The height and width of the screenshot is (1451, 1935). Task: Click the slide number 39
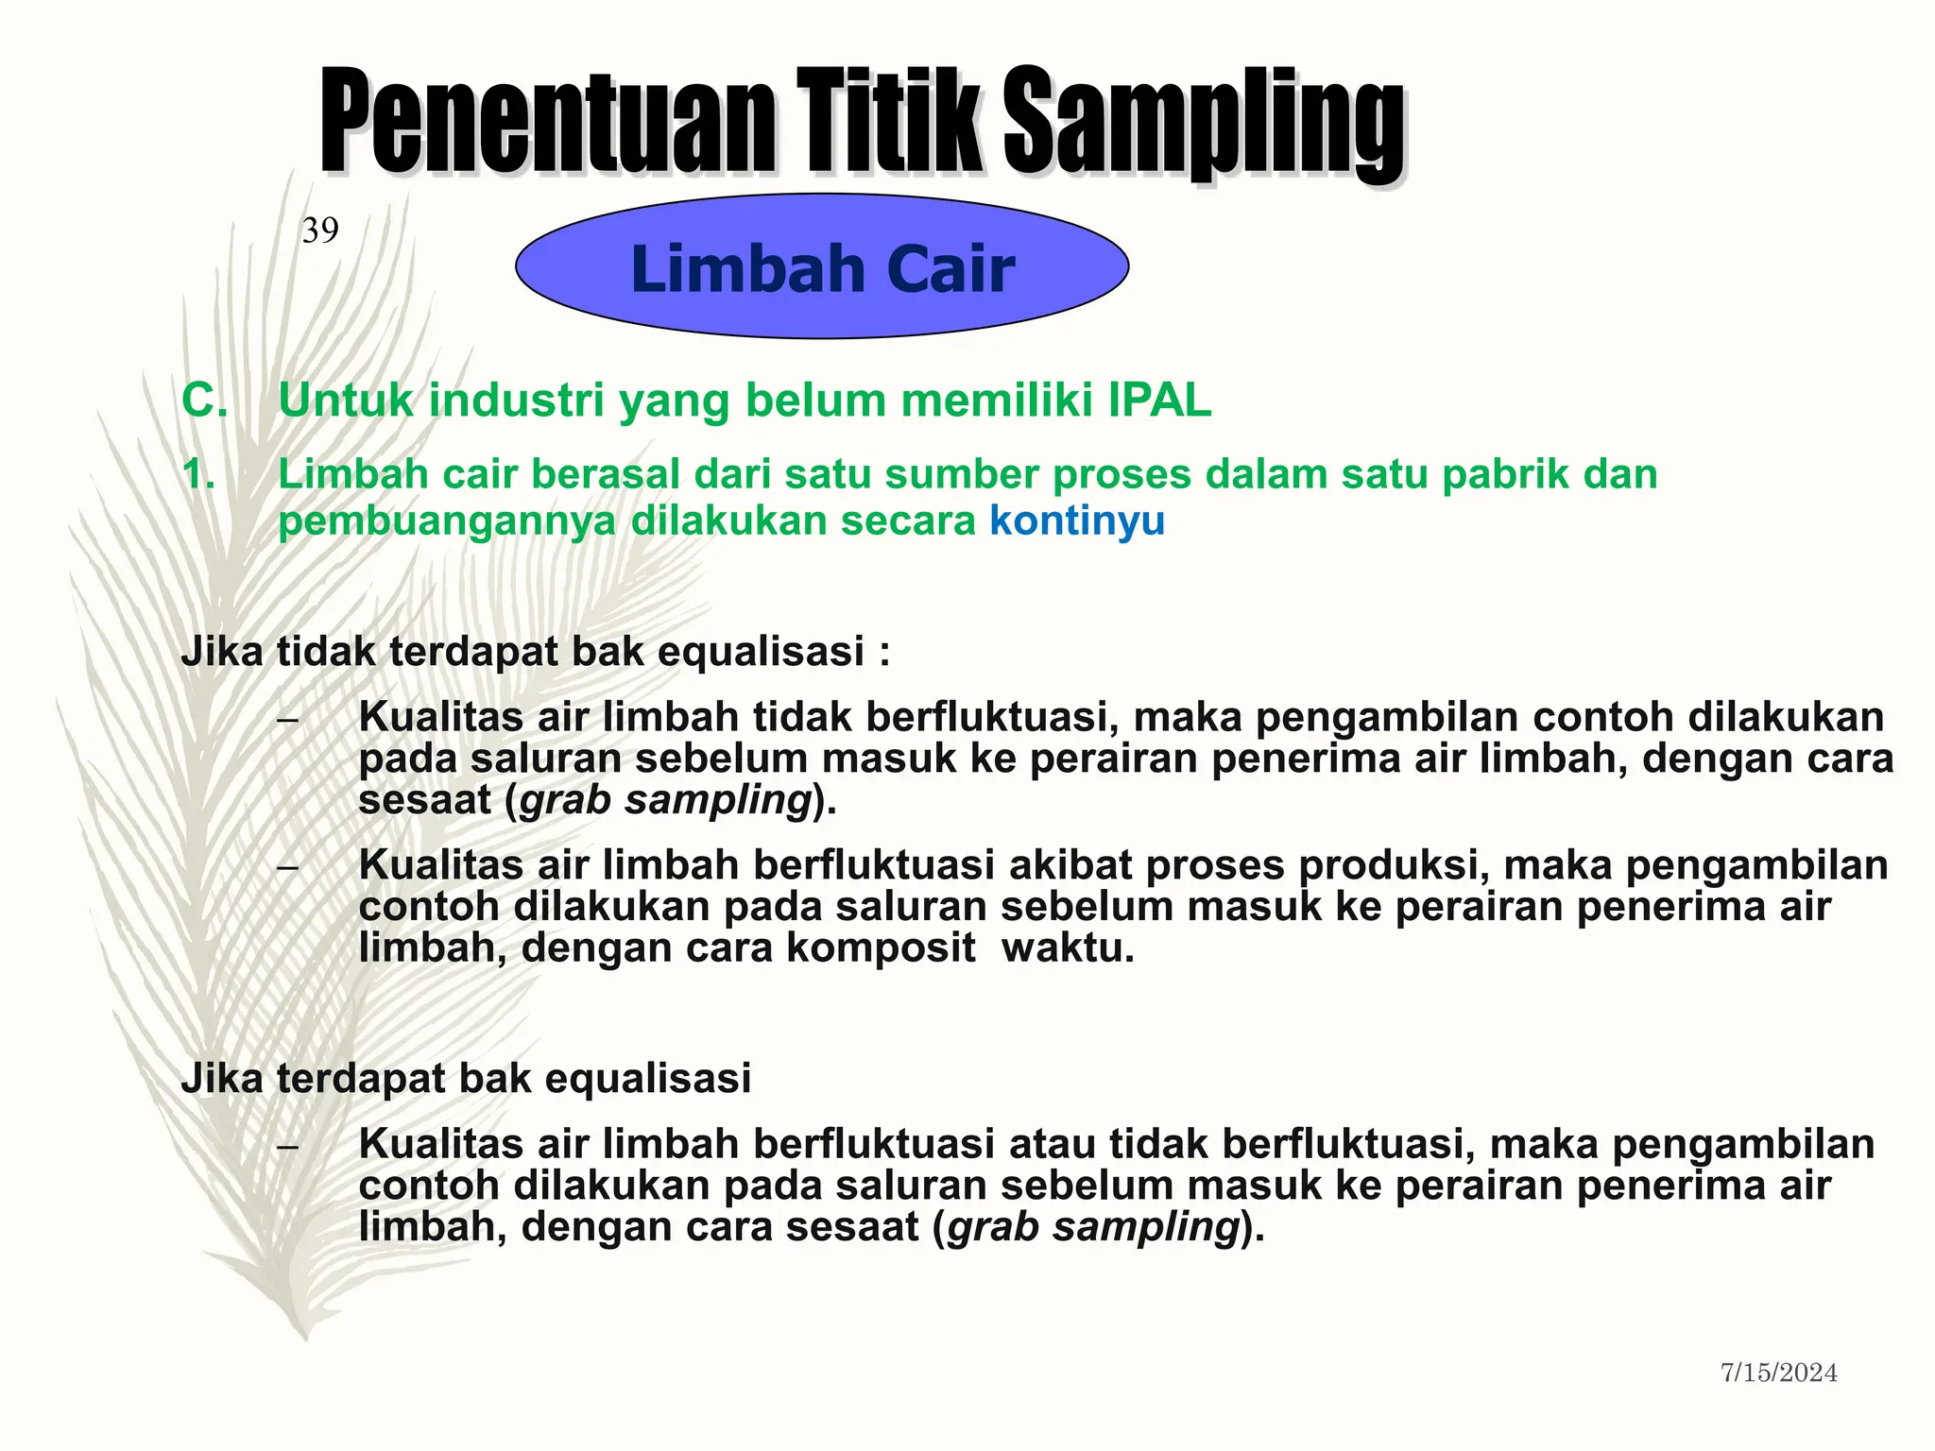[x=320, y=230]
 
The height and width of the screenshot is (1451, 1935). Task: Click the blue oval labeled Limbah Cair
[x=822, y=267]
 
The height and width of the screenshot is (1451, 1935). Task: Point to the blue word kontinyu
[x=1077, y=521]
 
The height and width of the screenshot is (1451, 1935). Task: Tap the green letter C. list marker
[x=204, y=401]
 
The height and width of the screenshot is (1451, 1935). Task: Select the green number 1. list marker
[x=198, y=474]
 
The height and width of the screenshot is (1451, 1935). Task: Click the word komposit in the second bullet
[x=881, y=947]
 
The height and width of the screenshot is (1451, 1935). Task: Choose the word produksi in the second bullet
[x=1392, y=865]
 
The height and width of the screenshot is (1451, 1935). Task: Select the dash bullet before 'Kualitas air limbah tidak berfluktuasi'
[x=288, y=720]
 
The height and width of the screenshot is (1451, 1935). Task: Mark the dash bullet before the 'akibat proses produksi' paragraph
[x=288, y=867]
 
